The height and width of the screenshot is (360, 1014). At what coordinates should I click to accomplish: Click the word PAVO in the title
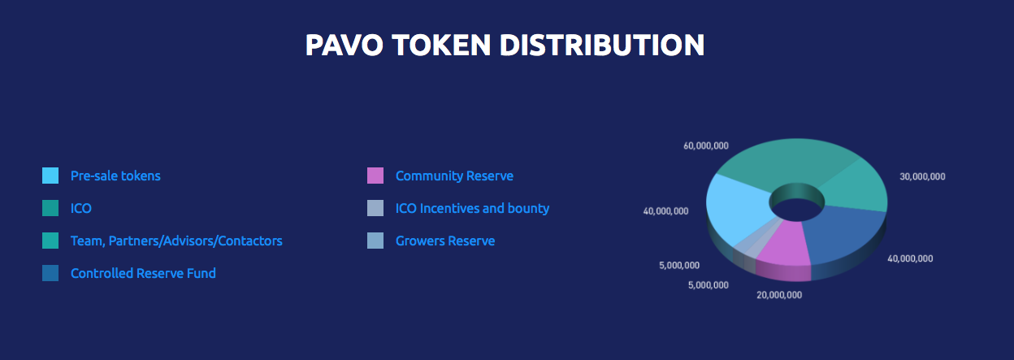(x=344, y=45)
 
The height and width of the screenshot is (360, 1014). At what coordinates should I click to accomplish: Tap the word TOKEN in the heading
(x=442, y=45)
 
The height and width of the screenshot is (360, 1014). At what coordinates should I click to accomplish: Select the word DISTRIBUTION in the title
(x=602, y=45)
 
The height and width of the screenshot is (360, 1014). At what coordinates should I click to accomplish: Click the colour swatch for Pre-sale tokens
(x=50, y=176)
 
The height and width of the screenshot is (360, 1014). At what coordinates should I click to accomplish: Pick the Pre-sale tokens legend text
(x=115, y=176)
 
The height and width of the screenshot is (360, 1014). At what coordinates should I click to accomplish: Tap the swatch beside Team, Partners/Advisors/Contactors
(x=50, y=241)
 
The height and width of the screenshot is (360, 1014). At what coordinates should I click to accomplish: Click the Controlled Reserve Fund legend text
(x=143, y=273)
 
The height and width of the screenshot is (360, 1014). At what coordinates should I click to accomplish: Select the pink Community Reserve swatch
(x=375, y=176)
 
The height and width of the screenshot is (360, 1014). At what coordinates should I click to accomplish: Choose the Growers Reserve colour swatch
(x=375, y=241)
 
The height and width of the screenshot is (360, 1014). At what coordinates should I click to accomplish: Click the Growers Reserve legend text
(x=445, y=241)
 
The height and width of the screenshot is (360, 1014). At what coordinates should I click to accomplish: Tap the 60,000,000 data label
(x=706, y=145)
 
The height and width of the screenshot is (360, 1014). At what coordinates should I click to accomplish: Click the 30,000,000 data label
(x=922, y=176)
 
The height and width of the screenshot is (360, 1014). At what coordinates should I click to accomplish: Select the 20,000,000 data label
(x=779, y=295)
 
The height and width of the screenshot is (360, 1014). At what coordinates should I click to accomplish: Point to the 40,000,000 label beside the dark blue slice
(x=910, y=258)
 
